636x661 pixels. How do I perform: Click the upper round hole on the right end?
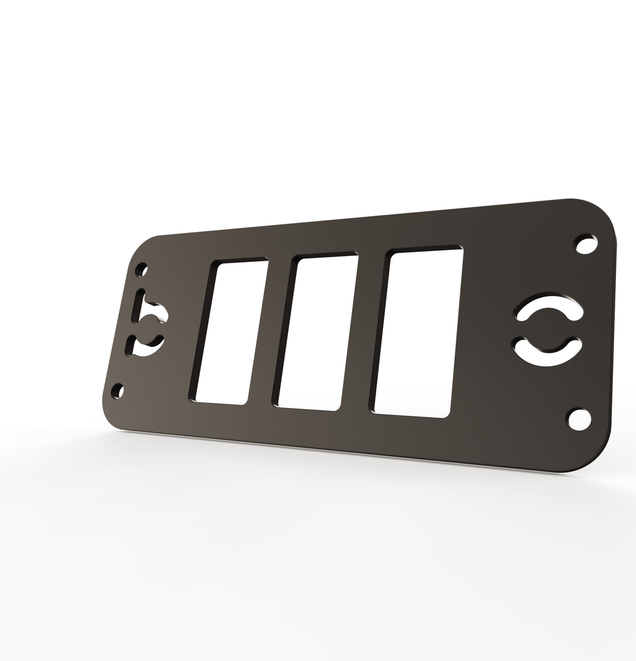[x=586, y=244]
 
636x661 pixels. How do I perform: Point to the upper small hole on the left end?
[x=141, y=270]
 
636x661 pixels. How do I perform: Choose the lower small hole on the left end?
[x=118, y=391]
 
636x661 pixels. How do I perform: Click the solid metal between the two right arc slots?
[x=548, y=330]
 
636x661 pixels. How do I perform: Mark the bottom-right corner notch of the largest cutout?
[x=446, y=414]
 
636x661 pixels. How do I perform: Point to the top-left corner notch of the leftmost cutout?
[x=221, y=267]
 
